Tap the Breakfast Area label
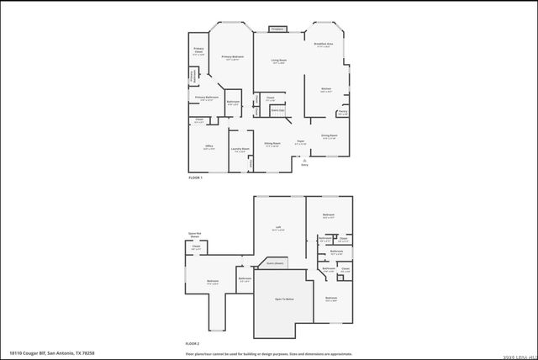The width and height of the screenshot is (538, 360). point(324,43)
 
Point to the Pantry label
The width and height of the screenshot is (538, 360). point(343,112)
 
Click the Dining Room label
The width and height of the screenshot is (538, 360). point(330,135)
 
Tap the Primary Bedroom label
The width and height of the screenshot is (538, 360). point(233,56)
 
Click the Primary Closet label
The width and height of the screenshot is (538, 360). point(198,51)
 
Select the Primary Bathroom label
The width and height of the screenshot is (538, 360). point(207,98)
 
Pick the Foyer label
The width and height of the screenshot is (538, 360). point(300,141)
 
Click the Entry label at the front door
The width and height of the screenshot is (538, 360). point(305,165)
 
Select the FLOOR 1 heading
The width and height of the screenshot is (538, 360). point(195,177)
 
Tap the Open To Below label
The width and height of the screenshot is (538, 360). point(284,299)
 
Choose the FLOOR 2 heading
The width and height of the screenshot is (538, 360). point(193,343)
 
